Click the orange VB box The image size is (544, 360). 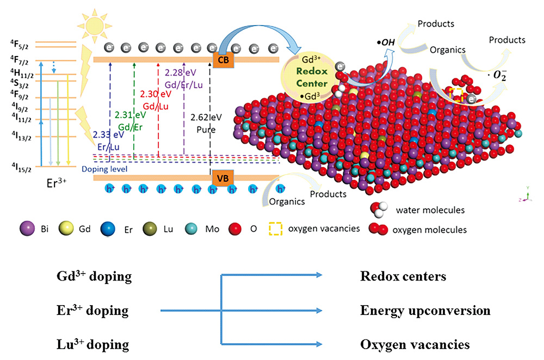(x=222, y=178)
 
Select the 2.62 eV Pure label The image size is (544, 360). (x=206, y=123)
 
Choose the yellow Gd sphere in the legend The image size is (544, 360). (x=70, y=228)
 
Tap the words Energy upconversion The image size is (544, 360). (x=425, y=311)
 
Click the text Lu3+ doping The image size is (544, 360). (x=93, y=345)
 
